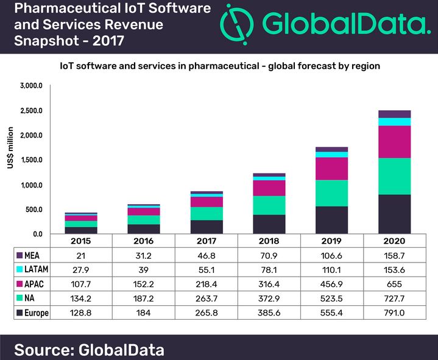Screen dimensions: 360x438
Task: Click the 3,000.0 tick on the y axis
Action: pos(30,86)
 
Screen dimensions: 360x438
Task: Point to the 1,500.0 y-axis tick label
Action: pos(30,160)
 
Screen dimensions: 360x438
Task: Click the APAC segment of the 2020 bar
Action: pos(394,142)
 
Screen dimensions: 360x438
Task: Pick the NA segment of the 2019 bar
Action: pos(331,193)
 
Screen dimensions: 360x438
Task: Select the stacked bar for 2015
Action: pos(81,223)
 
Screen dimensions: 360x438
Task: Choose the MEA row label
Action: pos(32,255)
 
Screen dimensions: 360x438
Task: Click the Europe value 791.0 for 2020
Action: pos(394,312)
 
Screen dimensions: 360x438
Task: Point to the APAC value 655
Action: pos(394,284)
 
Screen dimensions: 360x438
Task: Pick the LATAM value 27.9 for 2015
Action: pos(81,269)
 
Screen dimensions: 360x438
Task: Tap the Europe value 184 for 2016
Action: pos(144,312)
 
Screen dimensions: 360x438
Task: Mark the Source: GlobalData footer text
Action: pos(88,350)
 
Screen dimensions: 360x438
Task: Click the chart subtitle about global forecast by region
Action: pos(219,66)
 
